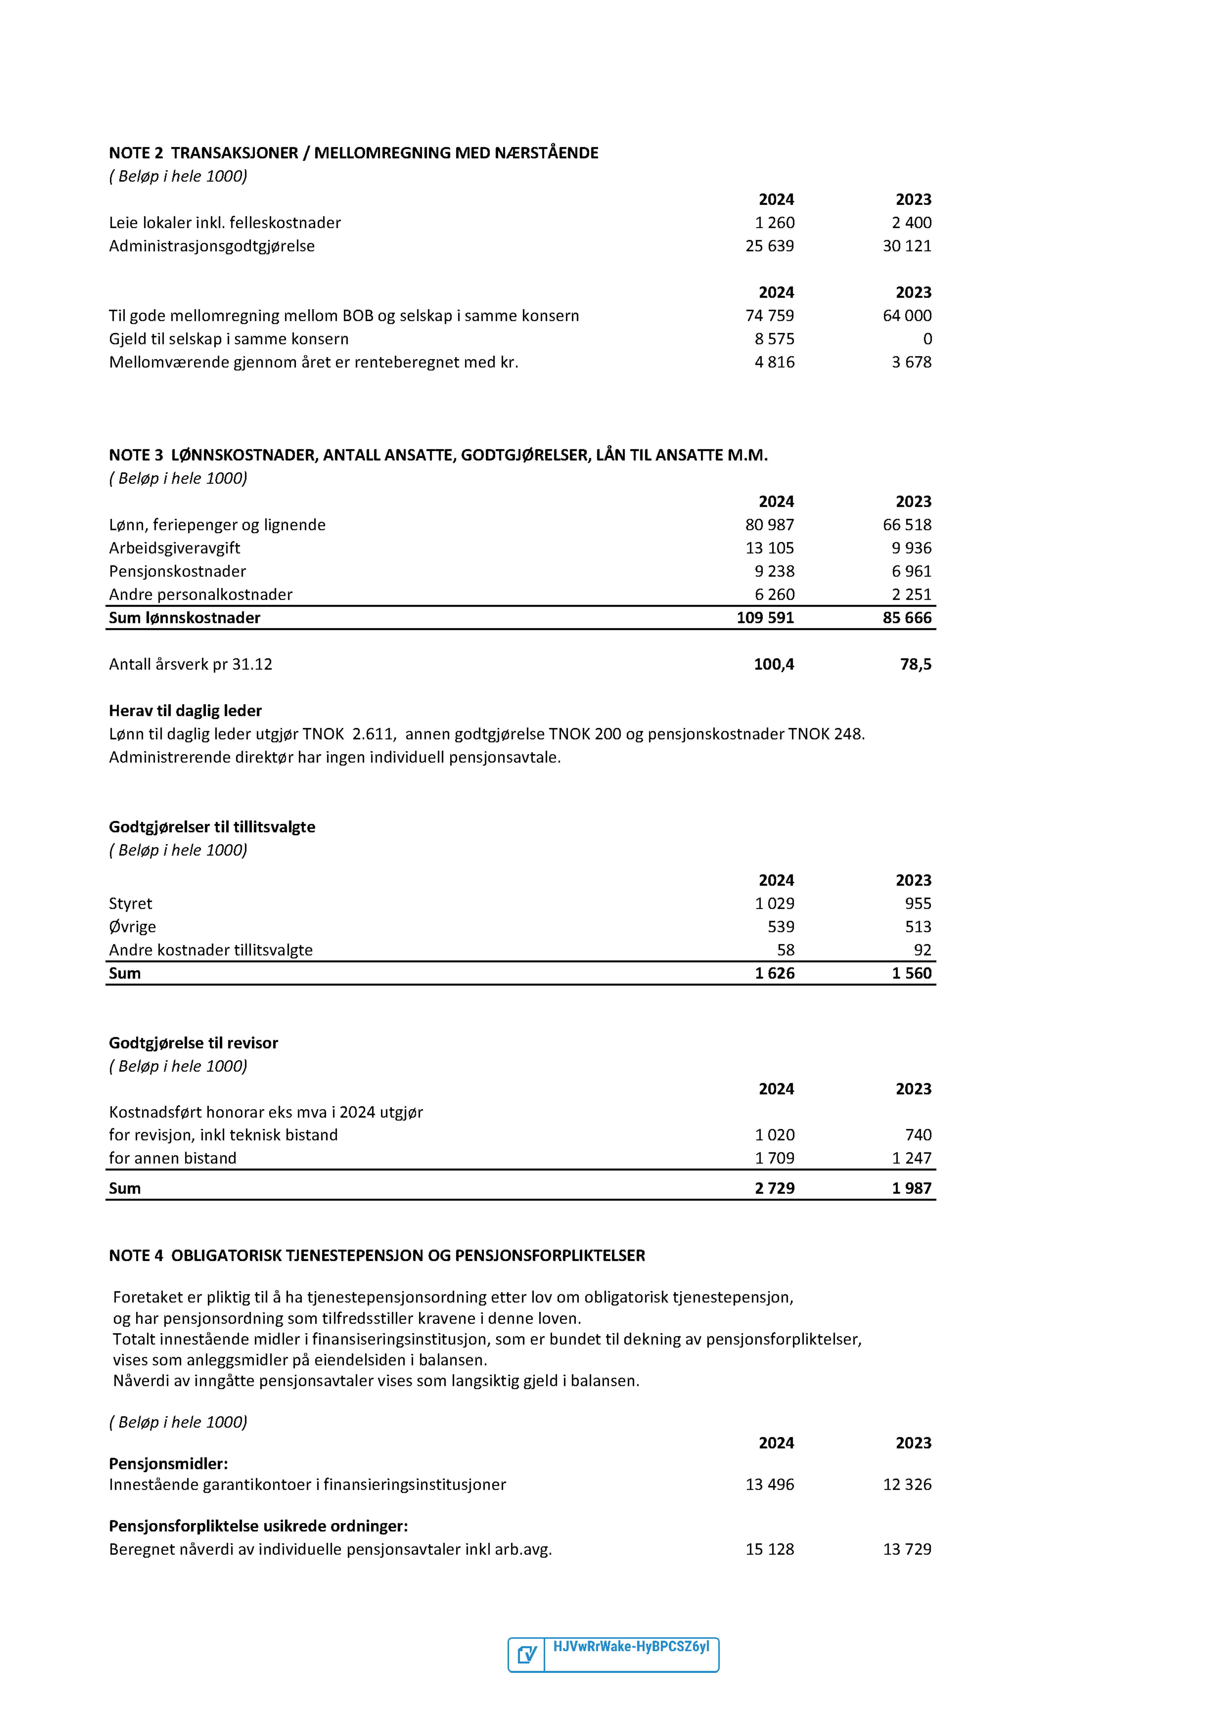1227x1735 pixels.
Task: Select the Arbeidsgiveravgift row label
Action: point(175,548)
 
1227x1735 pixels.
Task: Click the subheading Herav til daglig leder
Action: point(185,710)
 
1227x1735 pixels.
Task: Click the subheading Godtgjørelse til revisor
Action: point(194,1043)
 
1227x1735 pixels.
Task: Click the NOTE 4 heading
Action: point(376,1255)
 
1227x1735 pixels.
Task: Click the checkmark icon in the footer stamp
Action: point(527,1655)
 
